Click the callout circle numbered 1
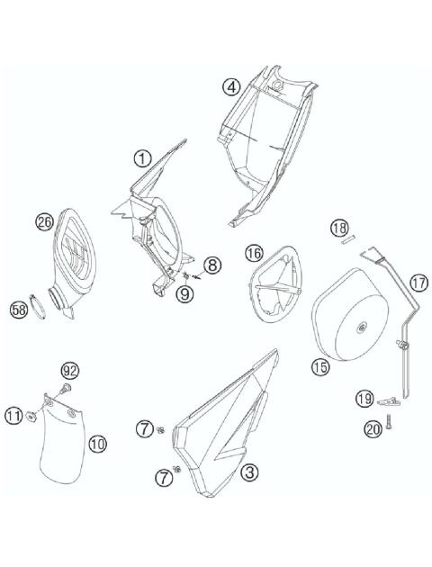click(141, 159)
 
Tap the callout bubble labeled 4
click(231, 86)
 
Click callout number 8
click(211, 265)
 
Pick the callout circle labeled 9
click(184, 292)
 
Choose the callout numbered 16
click(254, 254)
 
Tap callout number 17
click(418, 282)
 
